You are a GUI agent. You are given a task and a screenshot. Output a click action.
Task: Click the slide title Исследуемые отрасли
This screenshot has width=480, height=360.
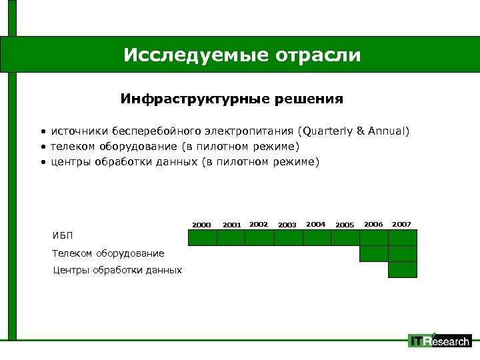click(241, 55)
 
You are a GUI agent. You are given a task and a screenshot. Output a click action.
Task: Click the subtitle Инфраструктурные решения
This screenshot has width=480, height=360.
click(231, 99)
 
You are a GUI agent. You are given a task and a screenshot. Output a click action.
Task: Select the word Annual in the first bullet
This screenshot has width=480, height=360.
click(387, 131)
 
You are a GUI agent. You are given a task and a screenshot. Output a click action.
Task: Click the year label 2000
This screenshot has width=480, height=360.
click(201, 225)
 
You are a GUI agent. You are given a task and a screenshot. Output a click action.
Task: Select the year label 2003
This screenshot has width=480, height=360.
click(287, 225)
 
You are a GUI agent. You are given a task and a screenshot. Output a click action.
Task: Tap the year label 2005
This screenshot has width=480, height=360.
click(345, 225)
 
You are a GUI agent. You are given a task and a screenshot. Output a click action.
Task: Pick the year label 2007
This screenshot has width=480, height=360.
click(402, 225)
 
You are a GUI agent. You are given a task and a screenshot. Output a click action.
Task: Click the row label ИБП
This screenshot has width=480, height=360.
click(63, 235)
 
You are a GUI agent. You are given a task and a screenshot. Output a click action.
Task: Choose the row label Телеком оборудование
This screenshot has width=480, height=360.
click(99, 253)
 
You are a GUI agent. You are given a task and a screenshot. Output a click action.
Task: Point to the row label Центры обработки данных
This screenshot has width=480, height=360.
click(117, 270)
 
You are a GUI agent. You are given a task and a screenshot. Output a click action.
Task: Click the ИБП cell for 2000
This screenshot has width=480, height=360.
click(203, 238)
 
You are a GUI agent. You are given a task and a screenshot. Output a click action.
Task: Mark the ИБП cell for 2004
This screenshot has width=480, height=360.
click(317, 238)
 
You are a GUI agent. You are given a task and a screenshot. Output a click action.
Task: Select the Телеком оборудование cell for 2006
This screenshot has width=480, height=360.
click(374, 254)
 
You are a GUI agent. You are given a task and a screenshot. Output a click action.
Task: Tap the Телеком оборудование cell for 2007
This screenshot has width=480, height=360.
click(403, 254)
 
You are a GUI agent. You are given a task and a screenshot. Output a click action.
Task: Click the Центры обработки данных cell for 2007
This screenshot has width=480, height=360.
click(403, 270)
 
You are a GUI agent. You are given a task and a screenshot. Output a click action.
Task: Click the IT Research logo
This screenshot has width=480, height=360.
click(439, 341)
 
